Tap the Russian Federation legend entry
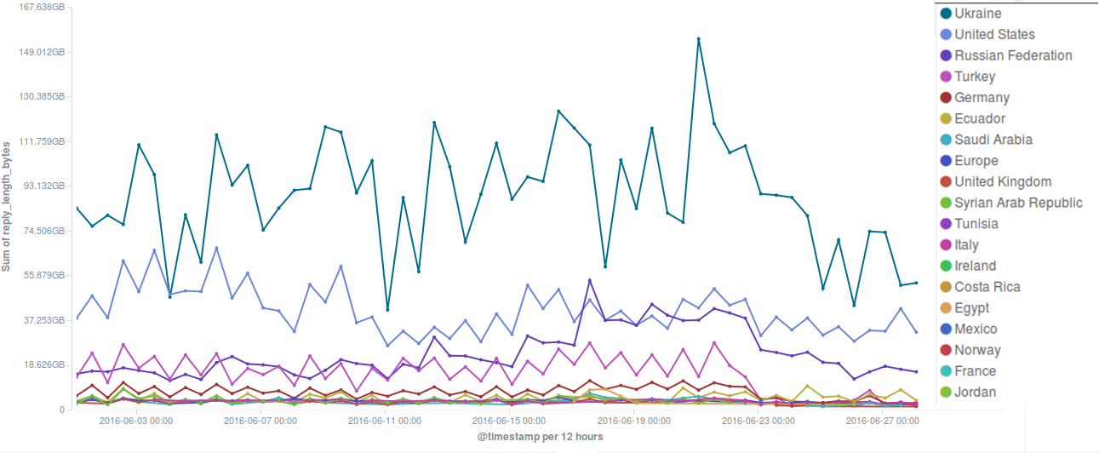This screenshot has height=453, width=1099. coord(1013,55)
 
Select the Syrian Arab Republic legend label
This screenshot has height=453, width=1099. coord(1018,203)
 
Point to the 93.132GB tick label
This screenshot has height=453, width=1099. coord(43,186)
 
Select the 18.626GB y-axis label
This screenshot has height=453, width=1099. coord(43,364)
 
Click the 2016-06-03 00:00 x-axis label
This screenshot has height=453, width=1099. coord(136,421)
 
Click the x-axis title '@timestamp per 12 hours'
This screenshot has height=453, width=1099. coord(541,437)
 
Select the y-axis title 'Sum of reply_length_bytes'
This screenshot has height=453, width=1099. coord(7,208)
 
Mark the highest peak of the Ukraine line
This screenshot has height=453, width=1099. coord(698,39)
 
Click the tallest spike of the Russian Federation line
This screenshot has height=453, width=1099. coord(589,280)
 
